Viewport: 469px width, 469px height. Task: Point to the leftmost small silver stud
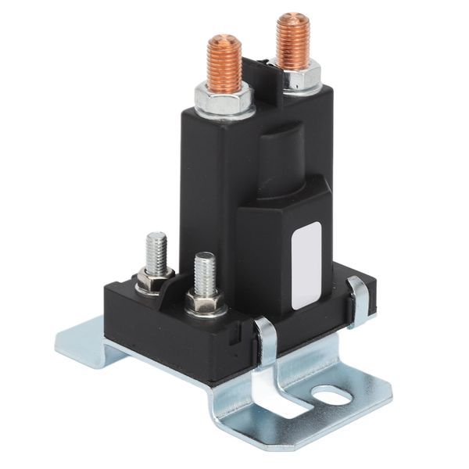[x=156, y=250]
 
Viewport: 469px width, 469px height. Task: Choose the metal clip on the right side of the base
[x=360, y=301]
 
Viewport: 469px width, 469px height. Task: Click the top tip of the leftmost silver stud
[x=156, y=235]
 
